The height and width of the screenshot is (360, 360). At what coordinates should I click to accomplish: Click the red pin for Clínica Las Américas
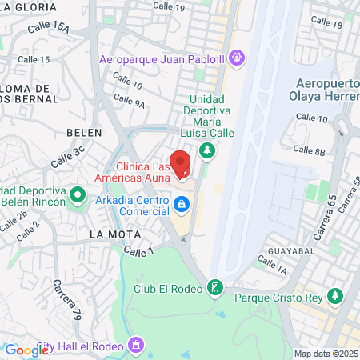click(182, 164)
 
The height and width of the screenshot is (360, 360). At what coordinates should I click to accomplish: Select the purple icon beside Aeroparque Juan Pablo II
click(236, 58)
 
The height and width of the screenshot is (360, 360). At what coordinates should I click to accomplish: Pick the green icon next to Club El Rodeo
click(214, 287)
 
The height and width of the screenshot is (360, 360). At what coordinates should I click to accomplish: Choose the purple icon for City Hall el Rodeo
click(136, 346)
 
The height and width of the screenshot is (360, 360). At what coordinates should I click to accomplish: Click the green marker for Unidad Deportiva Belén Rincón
click(78, 194)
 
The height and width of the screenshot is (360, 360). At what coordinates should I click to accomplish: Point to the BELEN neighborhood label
click(84, 132)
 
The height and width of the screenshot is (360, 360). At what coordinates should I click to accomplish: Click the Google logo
click(26, 350)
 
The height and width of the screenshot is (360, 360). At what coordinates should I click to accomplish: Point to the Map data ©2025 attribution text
click(326, 354)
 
